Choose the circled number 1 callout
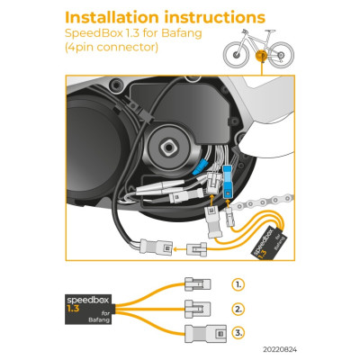pyautogui.click(x=238, y=283)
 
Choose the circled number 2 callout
pyautogui.click(x=238, y=309)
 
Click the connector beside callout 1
pyautogui.click(x=196, y=283)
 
